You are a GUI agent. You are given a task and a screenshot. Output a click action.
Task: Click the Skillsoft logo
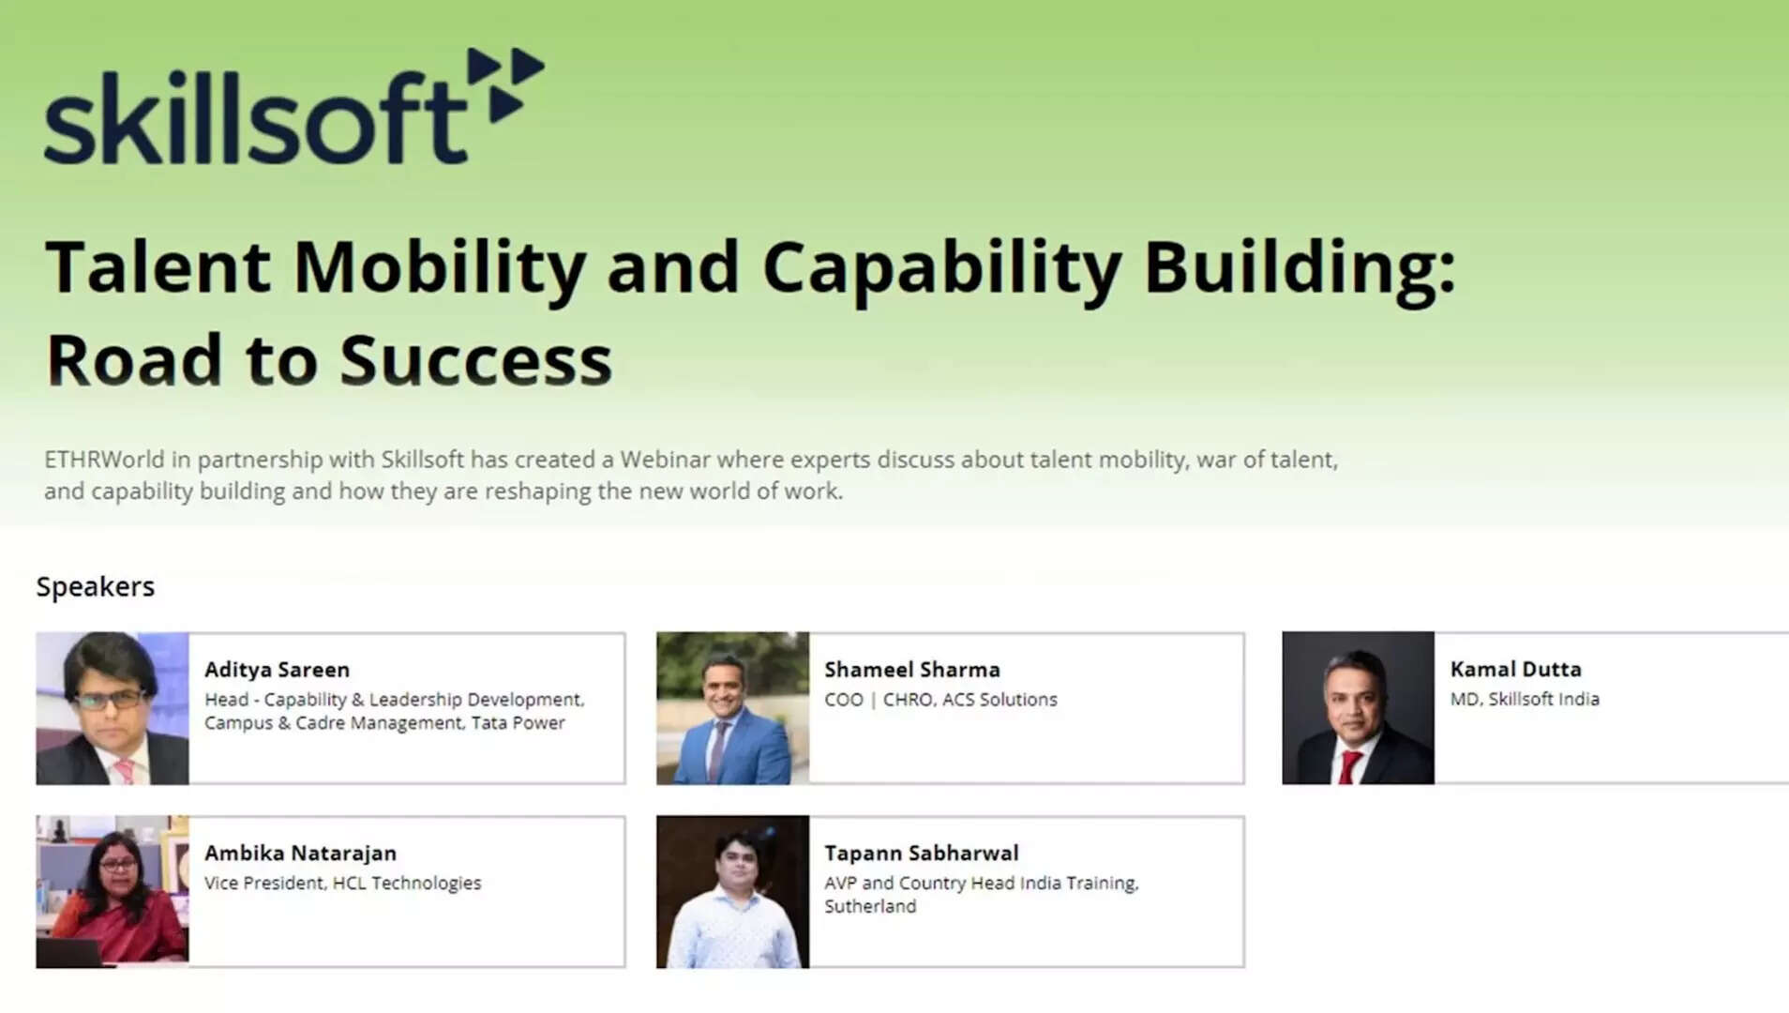(x=293, y=106)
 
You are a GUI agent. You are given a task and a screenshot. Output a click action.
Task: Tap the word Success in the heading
(x=475, y=360)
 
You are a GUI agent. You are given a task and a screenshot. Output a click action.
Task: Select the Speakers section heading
(x=96, y=587)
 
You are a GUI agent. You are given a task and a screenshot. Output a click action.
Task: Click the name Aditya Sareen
(x=277, y=670)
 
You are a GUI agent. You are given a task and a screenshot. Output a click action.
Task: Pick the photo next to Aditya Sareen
(x=113, y=708)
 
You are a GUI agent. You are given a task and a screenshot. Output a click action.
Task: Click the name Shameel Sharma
(x=912, y=670)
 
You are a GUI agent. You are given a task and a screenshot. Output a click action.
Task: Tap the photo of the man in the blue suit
(x=732, y=708)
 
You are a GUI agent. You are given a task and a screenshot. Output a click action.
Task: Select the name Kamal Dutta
(x=1515, y=669)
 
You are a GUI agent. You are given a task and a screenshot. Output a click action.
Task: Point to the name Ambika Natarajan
(x=300, y=853)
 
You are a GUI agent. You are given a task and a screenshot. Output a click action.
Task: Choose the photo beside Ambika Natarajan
(x=113, y=891)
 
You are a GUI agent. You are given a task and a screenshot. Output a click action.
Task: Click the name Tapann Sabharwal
(x=921, y=853)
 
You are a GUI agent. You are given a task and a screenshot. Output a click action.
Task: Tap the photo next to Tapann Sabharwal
(x=732, y=891)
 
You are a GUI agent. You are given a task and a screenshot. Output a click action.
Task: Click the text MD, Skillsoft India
(x=1525, y=699)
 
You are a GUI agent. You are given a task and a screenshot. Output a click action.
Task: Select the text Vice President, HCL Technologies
(x=342, y=883)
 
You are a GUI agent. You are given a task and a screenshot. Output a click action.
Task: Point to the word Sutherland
(x=870, y=906)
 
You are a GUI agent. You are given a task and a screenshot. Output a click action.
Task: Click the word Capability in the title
(x=941, y=269)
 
